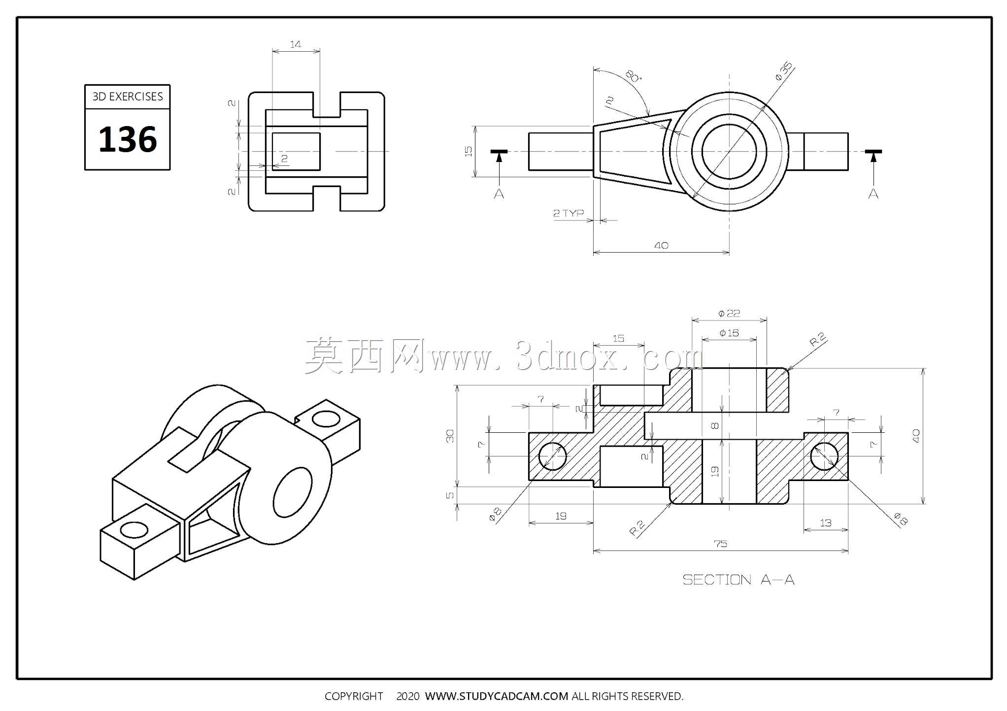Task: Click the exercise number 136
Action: pos(128,139)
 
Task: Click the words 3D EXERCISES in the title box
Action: pos(128,97)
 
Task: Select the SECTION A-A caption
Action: pos(738,580)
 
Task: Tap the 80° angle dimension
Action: pos(633,76)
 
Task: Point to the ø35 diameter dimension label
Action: pos(784,71)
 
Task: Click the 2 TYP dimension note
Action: pos(568,213)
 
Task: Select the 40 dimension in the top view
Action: pos(661,245)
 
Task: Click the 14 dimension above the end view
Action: pos(295,44)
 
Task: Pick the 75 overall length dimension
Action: pos(720,544)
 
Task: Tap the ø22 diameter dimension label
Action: pos(729,313)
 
